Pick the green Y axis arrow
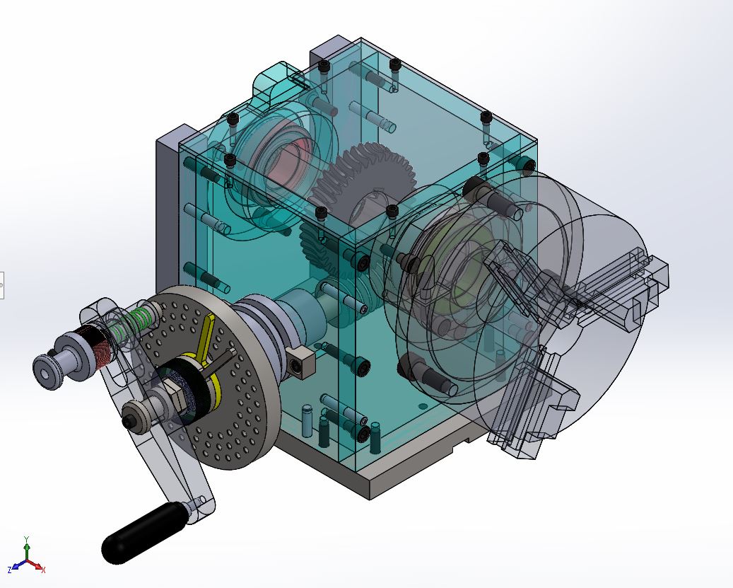(x=27, y=548)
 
